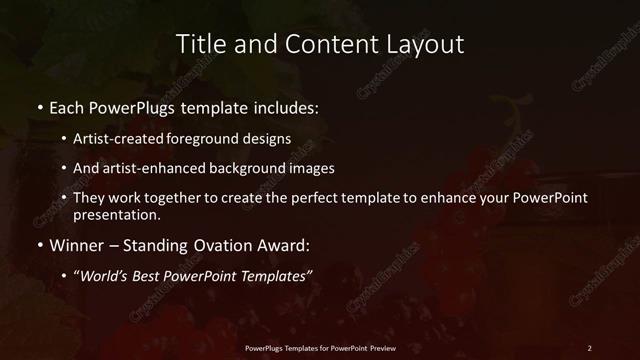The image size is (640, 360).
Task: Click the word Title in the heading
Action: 199,45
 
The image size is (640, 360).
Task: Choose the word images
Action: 333,169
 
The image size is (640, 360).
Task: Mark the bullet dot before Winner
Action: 40,244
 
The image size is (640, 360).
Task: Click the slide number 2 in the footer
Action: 590,347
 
